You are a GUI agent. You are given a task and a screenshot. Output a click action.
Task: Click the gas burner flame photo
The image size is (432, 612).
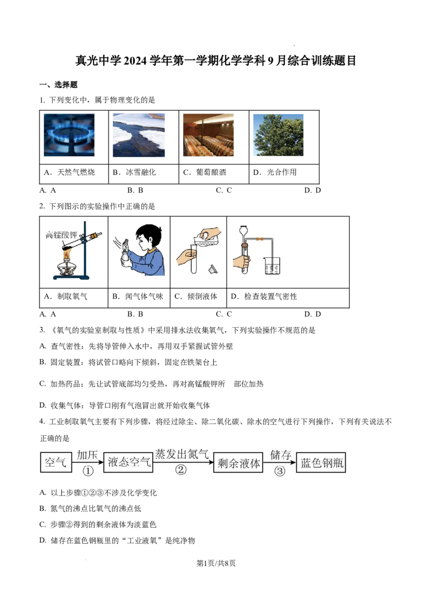(x=69, y=135)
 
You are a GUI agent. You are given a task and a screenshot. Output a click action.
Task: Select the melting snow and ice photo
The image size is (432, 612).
(x=139, y=135)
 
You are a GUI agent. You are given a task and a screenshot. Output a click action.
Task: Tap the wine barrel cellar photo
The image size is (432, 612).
(x=208, y=135)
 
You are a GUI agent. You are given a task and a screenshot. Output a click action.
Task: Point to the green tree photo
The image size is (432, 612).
(x=279, y=135)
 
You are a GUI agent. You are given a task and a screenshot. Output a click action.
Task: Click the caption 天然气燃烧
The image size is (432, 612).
(x=76, y=172)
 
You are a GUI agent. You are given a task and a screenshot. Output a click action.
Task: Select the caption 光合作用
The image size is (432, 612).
(x=281, y=172)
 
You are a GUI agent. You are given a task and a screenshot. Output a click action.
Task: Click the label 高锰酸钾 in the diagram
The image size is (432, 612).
(x=61, y=235)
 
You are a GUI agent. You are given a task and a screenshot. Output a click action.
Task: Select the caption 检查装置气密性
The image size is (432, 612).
(x=271, y=296)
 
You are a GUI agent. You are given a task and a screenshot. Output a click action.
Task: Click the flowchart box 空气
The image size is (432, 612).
(x=56, y=462)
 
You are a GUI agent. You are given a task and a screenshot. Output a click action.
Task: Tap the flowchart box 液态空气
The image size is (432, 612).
(x=129, y=462)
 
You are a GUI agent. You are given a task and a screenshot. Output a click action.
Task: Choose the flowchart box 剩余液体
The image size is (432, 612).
(x=239, y=463)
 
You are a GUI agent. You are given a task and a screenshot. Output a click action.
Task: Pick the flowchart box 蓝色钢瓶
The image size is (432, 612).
(x=321, y=463)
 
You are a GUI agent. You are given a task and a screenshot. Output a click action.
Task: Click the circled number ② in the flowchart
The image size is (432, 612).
(x=181, y=469)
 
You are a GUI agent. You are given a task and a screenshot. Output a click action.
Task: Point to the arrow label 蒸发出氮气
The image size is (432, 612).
(x=182, y=454)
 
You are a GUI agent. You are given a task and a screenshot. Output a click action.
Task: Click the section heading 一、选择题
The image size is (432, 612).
(x=58, y=85)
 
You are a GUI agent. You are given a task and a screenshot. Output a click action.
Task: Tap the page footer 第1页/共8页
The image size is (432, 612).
(x=216, y=563)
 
